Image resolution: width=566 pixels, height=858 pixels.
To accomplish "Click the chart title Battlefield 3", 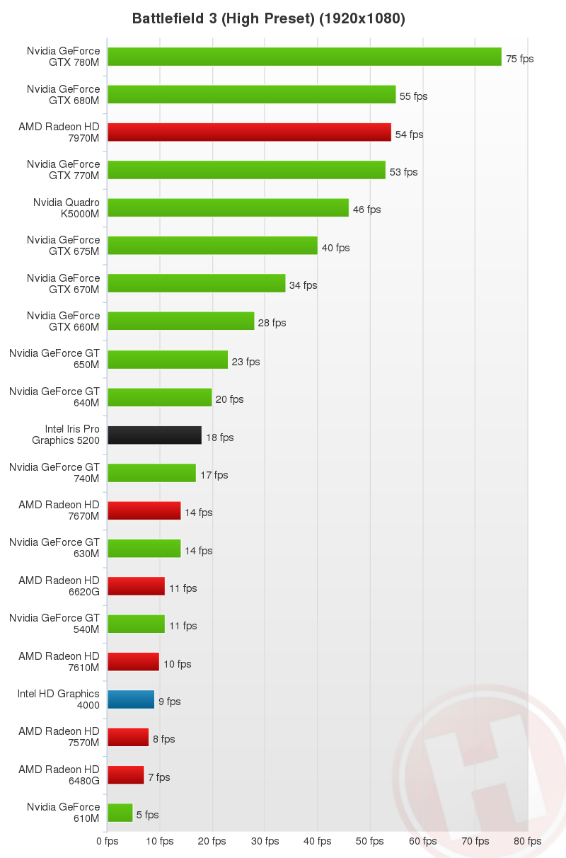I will point(268,19).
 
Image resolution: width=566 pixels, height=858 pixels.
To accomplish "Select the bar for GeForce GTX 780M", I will point(304,57).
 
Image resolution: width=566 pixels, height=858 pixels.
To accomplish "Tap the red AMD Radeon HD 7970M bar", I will point(249,132).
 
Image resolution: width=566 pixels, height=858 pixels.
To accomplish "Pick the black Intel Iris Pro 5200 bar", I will point(154,435).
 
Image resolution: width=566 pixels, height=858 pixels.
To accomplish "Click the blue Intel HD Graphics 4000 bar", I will point(131,699).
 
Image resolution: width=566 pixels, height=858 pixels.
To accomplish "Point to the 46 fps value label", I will point(366,210).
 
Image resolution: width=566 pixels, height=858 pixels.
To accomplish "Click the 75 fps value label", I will point(519,59).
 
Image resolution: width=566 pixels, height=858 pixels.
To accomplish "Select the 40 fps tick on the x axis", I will point(318,841).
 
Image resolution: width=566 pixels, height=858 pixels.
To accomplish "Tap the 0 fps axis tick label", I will point(108,841).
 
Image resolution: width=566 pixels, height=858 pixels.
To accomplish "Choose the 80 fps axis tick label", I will point(528,841).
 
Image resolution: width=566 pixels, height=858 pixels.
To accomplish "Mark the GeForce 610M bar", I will point(120,813).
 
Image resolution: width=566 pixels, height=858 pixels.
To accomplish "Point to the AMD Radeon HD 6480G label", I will point(59,774).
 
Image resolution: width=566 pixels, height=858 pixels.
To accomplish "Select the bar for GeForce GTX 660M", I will point(180,321).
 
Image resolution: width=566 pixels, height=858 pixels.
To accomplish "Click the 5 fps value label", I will point(147,815).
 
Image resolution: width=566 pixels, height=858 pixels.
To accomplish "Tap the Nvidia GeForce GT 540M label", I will point(54,624).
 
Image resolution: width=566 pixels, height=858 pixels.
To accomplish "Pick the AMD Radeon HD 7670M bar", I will point(144,510).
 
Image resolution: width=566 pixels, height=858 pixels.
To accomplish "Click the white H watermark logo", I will point(481,772).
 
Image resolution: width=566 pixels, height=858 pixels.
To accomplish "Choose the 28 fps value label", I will point(272,323).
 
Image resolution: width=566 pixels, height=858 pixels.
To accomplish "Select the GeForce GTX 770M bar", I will point(246,170).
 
